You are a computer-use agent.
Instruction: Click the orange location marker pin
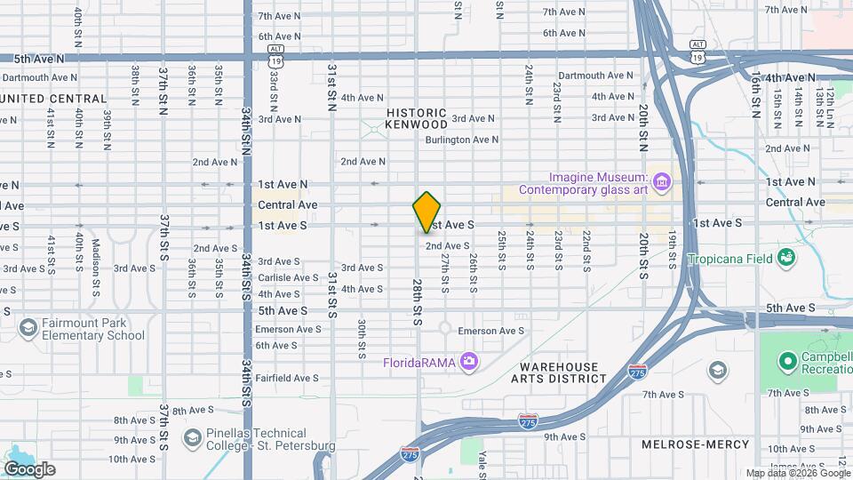coord(427,212)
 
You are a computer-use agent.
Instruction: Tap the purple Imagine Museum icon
coord(661,182)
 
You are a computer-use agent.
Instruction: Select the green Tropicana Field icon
coord(785,258)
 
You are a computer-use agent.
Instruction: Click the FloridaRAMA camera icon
coord(469,361)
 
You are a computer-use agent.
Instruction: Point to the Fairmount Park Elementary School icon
coord(28,329)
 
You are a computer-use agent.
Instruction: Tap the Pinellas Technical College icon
coord(192,437)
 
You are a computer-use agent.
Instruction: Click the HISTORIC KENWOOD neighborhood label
coord(416,119)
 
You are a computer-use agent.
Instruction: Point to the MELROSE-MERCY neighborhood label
coord(695,444)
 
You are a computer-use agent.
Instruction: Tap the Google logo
coord(29,468)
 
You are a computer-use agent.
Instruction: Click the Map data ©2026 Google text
coord(797,474)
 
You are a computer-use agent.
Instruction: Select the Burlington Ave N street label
coord(461,140)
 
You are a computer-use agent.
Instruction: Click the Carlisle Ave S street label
coord(287,277)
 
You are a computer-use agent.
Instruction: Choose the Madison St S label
coord(95,258)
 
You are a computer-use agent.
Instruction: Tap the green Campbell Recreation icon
coord(787,361)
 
